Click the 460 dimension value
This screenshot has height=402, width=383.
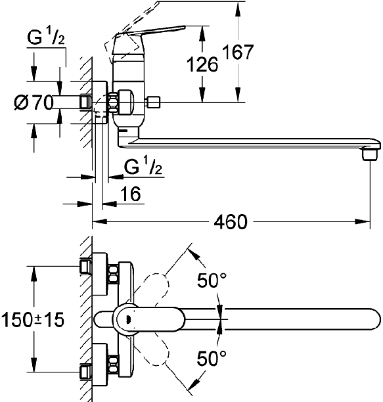click(x=231, y=222)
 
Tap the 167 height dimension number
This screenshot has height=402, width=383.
click(x=238, y=52)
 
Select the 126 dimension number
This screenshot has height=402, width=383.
click(x=202, y=64)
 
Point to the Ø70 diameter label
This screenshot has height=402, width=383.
click(x=34, y=102)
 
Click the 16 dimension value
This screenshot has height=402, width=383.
click(x=130, y=194)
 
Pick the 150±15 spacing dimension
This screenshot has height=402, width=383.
click(x=33, y=320)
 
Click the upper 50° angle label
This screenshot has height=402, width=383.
click(x=212, y=280)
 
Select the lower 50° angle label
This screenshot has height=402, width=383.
click(x=212, y=358)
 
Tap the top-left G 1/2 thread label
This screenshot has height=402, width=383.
click(x=46, y=38)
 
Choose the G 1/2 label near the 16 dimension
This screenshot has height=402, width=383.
click(x=143, y=166)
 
